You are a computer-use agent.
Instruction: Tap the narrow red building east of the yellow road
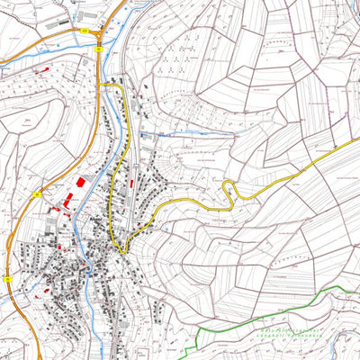(131, 184)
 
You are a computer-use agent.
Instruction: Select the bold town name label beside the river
(97, 219)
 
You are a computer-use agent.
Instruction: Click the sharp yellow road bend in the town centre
(121, 250)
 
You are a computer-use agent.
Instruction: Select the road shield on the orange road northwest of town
(37, 193)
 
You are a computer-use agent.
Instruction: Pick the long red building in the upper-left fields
(40, 67)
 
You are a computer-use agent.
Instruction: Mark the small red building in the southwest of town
(39, 294)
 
